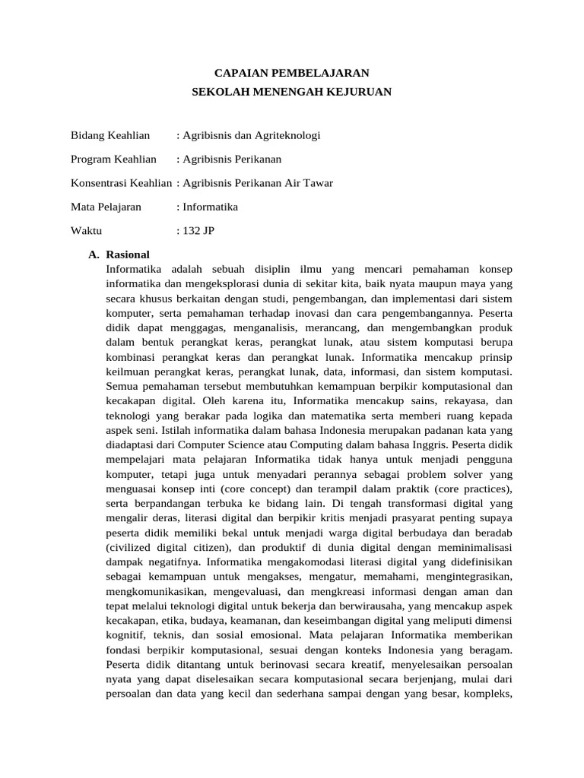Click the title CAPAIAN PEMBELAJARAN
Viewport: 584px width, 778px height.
point(291,73)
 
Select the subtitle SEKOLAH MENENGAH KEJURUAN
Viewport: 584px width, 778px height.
point(291,91)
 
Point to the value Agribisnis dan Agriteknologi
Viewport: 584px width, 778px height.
point(251,135)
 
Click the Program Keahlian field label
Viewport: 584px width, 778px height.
point(113,159)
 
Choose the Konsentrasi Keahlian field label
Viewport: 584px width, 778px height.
point(122,182)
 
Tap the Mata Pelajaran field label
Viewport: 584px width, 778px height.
point(106,206)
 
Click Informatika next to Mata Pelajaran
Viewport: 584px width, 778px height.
point(209,206)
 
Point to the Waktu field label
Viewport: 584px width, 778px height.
point(86,229)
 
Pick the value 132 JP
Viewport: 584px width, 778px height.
point(198,229)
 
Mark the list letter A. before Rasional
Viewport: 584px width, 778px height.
point(96,254)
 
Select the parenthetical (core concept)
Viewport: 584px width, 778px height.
point(259,487)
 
